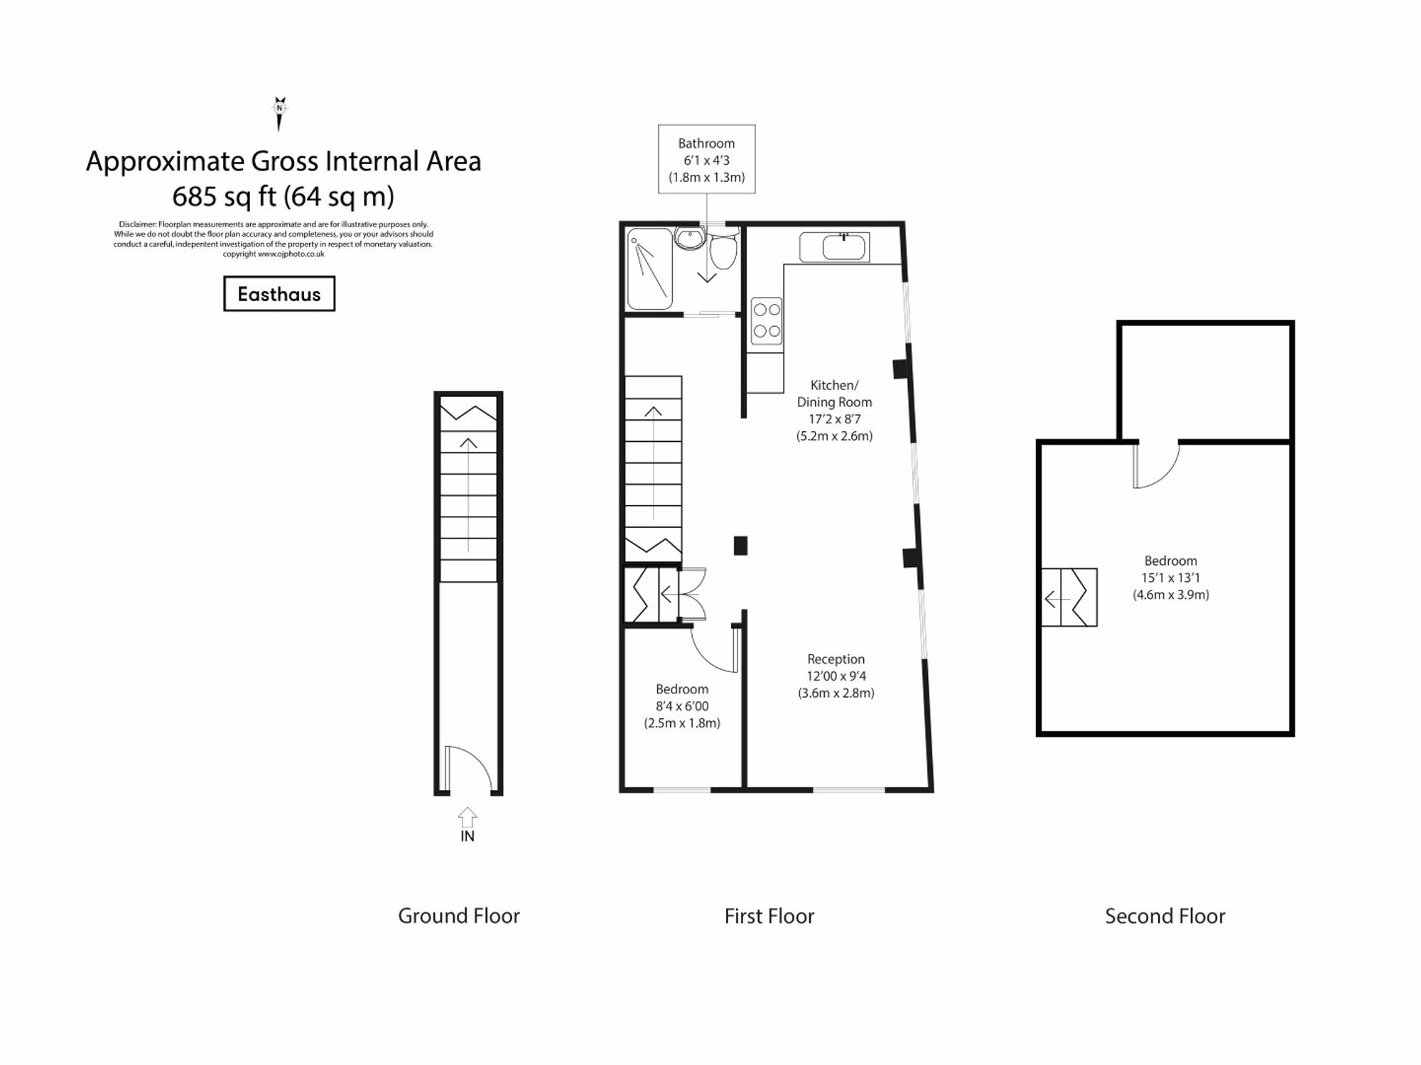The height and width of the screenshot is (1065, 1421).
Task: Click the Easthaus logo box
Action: pos(279,293)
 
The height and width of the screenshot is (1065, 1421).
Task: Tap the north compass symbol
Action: pos(279,113)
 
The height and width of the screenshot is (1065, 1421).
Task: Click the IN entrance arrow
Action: pos(467,817)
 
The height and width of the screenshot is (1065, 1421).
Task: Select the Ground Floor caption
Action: pos(458,916)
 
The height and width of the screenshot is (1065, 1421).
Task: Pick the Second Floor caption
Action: pos(1165,916)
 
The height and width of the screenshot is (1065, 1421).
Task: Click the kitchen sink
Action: pos(843,248)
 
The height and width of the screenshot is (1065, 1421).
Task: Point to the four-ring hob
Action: pos(767,320)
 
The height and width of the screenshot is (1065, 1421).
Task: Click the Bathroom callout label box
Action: pos(706,159)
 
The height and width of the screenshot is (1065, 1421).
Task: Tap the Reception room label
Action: pos(836,659)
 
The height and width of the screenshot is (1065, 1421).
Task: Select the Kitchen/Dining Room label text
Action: pos(834,394)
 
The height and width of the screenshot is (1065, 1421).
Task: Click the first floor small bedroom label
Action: pos(682,689)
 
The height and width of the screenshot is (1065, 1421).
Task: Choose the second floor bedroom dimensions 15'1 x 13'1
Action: pos(1170,578)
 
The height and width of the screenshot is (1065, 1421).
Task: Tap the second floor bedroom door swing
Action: pos(1156,465)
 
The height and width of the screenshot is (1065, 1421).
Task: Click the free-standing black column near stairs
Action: pos(740,545)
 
